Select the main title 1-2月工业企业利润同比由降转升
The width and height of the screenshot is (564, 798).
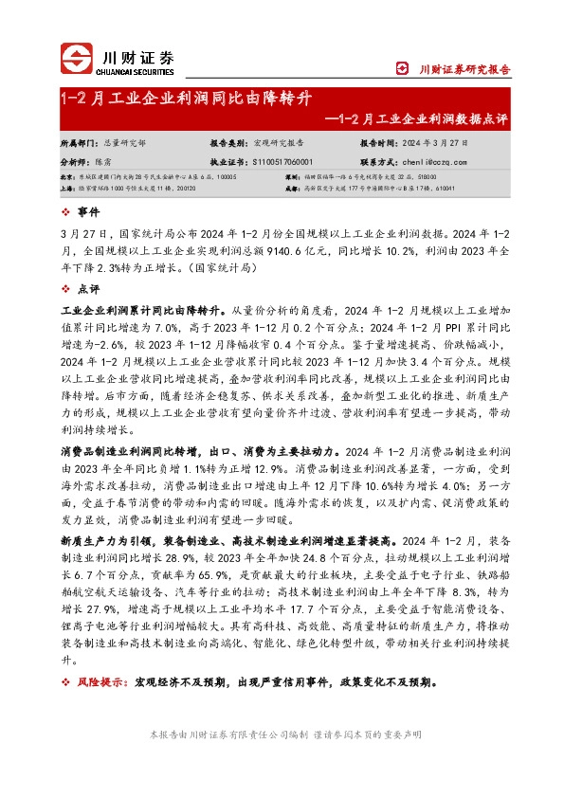184,99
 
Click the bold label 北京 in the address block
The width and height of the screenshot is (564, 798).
66,177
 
